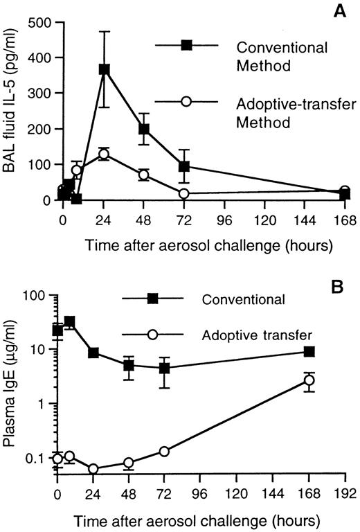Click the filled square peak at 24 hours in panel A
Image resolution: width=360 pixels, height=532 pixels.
105,69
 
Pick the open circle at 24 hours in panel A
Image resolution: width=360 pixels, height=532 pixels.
105,154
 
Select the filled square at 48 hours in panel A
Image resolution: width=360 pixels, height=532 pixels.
144,130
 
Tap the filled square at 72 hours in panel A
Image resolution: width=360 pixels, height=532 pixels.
183,167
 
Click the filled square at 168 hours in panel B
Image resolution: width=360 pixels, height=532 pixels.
309,352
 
